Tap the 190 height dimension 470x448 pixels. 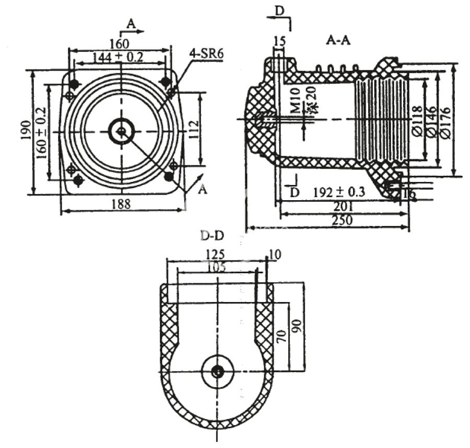[x=25, y=132]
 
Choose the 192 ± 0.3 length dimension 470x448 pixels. [x=340, y=192]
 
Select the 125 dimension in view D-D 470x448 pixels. [x=215, y=254]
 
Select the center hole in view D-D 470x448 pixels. [x=217, y=372]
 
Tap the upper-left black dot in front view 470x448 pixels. [x=74, y=84]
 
